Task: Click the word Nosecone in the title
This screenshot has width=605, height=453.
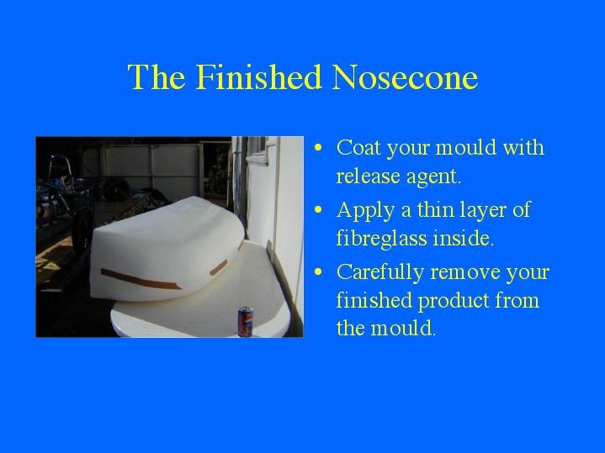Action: coord(405,77)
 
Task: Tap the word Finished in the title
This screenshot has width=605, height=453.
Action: coord(258,76)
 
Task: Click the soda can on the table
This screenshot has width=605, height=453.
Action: coord(245,321)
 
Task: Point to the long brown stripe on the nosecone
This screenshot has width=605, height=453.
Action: coord(141,280)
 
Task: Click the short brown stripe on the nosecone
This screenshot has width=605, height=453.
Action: coord(219,267)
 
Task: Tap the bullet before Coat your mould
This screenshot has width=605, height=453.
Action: coord(318,147)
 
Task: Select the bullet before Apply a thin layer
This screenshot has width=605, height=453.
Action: coord(318,210)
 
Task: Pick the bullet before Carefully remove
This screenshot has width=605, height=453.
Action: coord(318,271)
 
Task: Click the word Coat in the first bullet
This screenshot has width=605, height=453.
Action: coord(358,147)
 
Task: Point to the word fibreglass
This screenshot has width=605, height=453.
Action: coord(382,239)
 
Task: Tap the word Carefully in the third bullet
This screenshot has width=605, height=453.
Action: coord(380,273)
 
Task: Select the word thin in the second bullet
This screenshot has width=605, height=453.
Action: coord(436,209)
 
